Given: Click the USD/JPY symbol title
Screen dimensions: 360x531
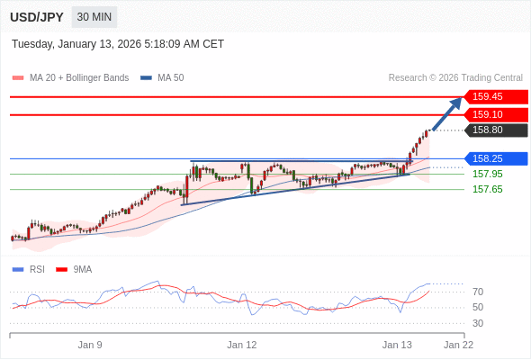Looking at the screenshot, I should [37, 17].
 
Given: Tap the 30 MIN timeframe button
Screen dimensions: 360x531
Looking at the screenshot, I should [94, 17].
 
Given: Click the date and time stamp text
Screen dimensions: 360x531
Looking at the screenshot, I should [118, 44].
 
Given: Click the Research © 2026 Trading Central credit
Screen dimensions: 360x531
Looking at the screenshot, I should [454, 78].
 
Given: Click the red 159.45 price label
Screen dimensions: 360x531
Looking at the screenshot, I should [494, 96].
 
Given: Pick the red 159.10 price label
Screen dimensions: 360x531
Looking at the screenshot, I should [494, 115].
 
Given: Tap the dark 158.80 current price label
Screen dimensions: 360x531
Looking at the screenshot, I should [494, 130].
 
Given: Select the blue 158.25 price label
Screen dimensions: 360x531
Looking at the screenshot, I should [494, 158].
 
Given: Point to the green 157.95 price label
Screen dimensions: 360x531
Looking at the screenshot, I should [487, 174].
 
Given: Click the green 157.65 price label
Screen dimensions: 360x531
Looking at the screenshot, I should [487, 189].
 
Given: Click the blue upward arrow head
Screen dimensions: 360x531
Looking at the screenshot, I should [455, 103].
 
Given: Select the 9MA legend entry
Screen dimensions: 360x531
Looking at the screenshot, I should [82, 269].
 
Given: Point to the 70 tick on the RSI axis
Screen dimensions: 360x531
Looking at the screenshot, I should [478, 292].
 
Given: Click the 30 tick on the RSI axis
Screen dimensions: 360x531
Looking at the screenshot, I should [478, 323].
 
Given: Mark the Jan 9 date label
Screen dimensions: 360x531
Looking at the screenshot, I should [90, 345].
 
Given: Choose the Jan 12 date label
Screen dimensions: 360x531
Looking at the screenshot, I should [241, 345].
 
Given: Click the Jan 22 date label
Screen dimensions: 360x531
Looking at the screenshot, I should [458, 345].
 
